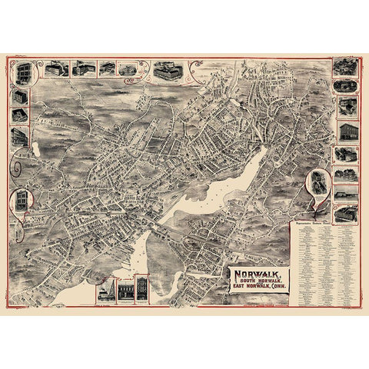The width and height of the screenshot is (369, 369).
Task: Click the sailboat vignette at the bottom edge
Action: tap(103, 296)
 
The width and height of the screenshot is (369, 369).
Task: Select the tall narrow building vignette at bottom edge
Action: tap(142, 290)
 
